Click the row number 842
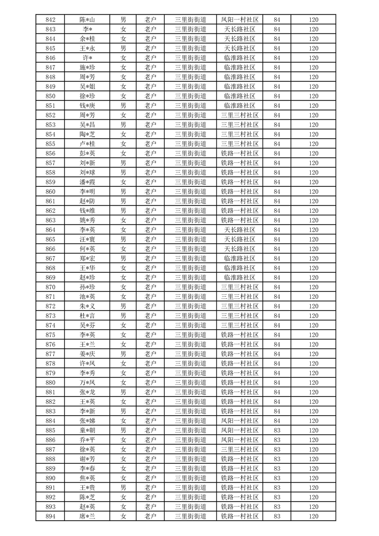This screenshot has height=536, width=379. [50, 20]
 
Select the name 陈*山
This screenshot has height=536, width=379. [87, 20]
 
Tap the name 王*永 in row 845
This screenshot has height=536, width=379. [87, 48]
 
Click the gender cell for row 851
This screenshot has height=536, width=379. [123, 106]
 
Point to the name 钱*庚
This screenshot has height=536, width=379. [87, 106]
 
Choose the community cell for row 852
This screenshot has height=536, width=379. [239, 115]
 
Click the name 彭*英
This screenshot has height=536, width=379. [87, 153]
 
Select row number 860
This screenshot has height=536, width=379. [50, 192]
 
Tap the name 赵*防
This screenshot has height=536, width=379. [87, 201]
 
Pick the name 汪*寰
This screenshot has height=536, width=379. [87, 239]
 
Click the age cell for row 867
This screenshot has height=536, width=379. [277, 258]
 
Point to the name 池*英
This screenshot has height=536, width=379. [87, 297]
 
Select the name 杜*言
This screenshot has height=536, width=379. [87, 316]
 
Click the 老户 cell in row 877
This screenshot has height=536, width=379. [151, 354]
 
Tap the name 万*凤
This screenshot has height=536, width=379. [87, 383]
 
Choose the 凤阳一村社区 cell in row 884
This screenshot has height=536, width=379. [239, 421]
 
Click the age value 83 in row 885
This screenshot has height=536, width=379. [277, 430]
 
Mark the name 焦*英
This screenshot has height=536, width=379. [87, 478]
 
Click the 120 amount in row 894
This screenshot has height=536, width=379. [314, 516]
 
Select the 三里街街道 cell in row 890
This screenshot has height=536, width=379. [191, 478]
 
